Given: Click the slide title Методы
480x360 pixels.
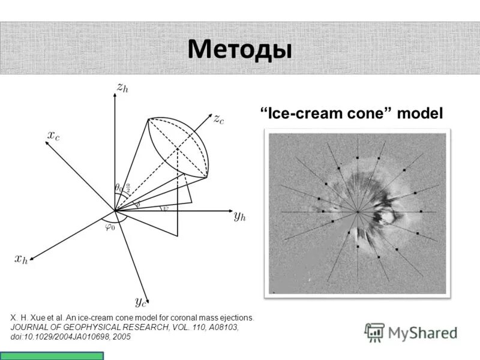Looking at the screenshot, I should tap(239, 49).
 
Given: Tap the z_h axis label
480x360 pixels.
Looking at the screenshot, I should tap(122, 88).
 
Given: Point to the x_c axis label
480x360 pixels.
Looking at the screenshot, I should tap(53, 136).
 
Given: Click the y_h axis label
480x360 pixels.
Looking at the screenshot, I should tap(240, 216).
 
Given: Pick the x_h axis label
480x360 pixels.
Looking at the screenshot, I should tap(21, 259).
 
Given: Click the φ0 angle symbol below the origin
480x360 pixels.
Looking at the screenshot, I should tap(110, 227).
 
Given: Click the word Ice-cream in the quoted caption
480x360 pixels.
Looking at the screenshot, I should tap(301, 112).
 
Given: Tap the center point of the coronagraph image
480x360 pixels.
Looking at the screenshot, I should tap(358, 212).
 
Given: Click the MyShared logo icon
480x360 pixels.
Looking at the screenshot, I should tap(375, 332).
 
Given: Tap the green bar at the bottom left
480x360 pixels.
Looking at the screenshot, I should tap(52, 356).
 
